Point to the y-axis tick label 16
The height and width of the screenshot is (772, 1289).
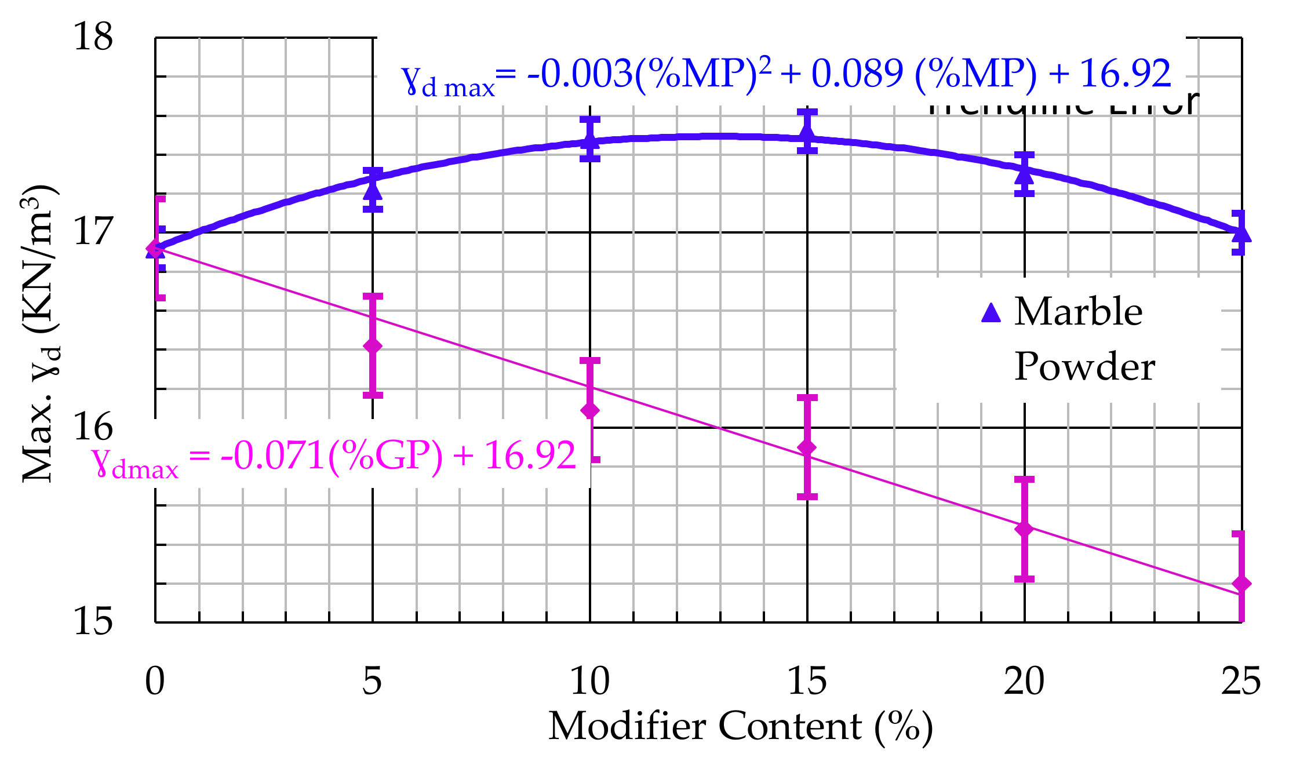pos(93,427)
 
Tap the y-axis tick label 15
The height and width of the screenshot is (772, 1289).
pos(93,622)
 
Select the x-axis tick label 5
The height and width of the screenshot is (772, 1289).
pos(372,681)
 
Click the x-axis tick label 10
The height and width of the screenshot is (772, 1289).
pos(589,681)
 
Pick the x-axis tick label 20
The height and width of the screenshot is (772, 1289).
pos(1024,681)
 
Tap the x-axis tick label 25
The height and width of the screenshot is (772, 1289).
pos(1241,681)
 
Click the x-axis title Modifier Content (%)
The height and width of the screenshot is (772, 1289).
pos(740,726)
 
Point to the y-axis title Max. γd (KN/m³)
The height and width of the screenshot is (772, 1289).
pos(39,333)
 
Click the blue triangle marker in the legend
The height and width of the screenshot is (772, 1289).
pos(991,313)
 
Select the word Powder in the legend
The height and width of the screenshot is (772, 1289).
pos(1084,367)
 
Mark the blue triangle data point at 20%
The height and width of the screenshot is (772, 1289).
pos(1024,172)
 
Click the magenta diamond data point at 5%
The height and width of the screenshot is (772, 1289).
pos(373,346)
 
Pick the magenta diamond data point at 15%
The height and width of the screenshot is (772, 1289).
pos(807,447)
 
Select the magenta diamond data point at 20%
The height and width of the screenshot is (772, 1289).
pos(1024,529)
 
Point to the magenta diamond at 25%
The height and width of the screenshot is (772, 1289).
pos(1241,584)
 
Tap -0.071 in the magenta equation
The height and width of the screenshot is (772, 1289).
pos(272,456)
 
